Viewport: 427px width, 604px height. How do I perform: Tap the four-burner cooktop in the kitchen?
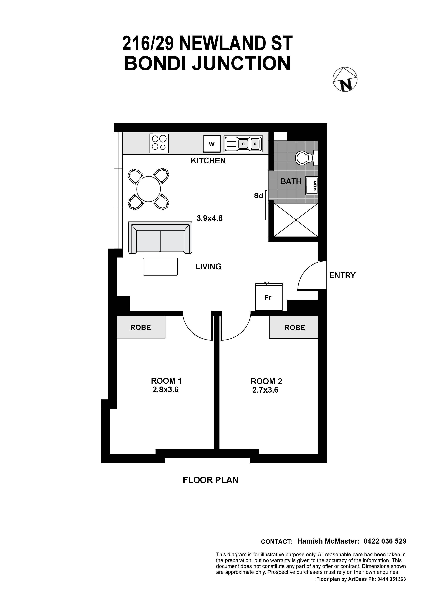(159, 143)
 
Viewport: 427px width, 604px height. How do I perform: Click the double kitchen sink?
(243, 144)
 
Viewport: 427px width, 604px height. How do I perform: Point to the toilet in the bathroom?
(306, 158)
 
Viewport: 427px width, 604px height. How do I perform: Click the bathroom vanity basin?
(312, 186)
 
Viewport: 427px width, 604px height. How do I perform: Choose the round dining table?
(149, 189)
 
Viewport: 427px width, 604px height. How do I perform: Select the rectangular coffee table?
(160, 267)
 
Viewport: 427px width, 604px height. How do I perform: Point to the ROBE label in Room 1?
(140, 327)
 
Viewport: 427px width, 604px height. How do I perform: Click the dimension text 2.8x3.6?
(165, 390)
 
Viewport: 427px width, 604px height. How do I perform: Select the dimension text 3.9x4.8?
(210, 218)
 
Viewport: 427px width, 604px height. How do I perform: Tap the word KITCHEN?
(208, 161)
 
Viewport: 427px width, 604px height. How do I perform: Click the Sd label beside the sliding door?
(258, 196)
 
